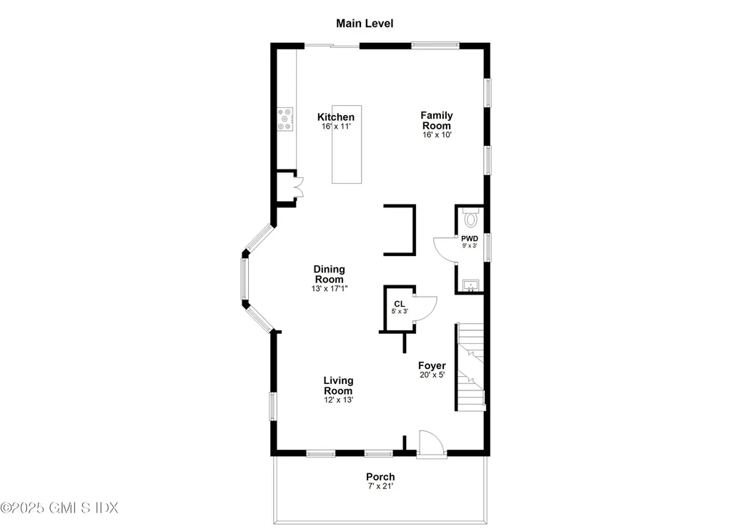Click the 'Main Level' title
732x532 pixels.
pyautogui.click(x=365, y=24)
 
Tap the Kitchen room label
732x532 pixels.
pyautogui.click(x=336, y=117)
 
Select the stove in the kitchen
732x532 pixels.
pyautogui.click(x=285, y=119)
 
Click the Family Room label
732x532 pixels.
pyautogui.click(x=436, y=120)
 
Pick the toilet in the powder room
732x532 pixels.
pyautogui.click(x=470, y=216)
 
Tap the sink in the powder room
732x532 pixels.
pyautogui.click(x=469, y=285)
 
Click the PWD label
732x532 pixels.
pyautogui.click(x=469, y=239)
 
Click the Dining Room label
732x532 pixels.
pyautogui.click(x=329, y=274)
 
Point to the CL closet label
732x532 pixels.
pyautogui.click(x=400, y=304)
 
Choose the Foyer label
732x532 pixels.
pyautogui.click(x=432, y=366)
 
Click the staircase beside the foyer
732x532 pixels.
pyautogui.click(x=470, y=368)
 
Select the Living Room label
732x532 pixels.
pyautogui.click(x=338, y=386)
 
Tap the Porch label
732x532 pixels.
pyautogui.click(x=380, y=477)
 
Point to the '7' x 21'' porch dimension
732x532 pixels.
pyautogui.click(x=380, y=487)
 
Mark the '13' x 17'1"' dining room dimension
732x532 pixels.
pyautogui.click(x=329, y=289)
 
